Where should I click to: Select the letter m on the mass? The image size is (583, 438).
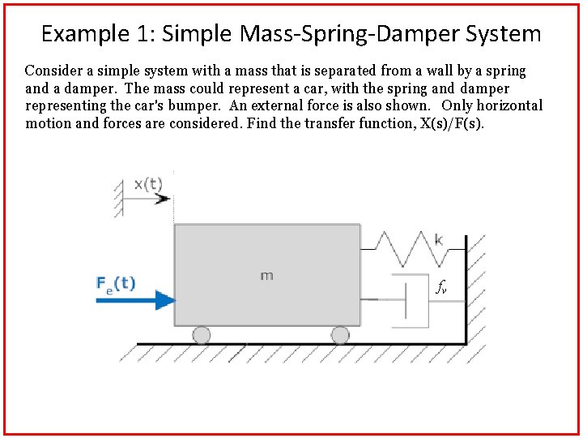click(x=266, y=276)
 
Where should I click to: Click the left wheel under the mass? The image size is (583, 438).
click(x=201, y=334)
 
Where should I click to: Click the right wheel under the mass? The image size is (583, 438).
click(x=340, y=334)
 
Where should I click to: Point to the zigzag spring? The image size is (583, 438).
click(x=409, y=247)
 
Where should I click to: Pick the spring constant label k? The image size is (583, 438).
click(x=439, y=239)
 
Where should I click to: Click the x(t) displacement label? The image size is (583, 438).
click(x=147, y=183)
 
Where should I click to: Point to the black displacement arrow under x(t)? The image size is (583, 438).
click(x=149, y=198)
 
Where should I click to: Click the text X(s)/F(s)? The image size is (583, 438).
click(x=445, y=123)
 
